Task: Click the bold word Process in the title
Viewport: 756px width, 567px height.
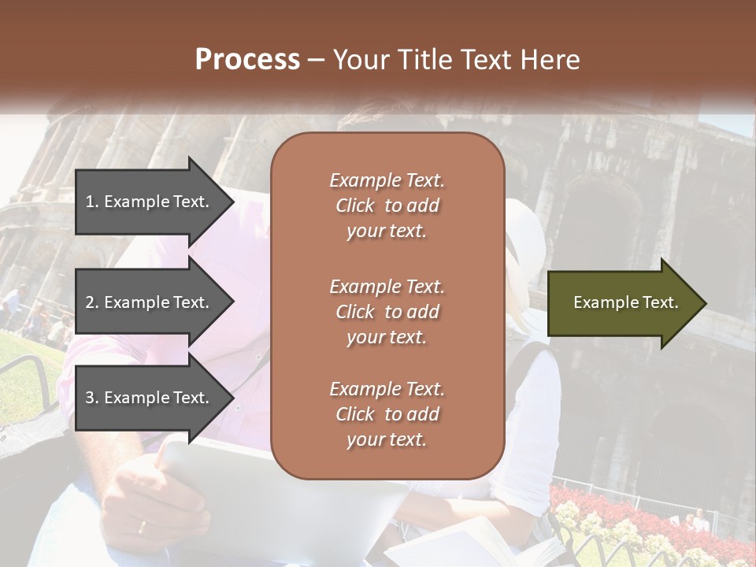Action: click(x=247, y=60)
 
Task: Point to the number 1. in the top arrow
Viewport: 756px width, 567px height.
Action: click(x=91, y=202)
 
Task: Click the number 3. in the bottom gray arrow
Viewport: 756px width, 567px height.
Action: click(x=91, y=398)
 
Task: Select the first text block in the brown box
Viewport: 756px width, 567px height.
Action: click(x=387, y=206)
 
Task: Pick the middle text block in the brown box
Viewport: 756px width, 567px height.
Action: click(x=387, y=312)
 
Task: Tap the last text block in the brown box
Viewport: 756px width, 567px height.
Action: click(x=387, y=414)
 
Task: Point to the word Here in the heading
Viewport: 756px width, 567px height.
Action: click(x=552, y=60)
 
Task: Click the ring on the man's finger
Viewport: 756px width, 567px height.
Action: click(x=142, y=526)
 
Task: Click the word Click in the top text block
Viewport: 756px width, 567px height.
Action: click(x=355, y=206)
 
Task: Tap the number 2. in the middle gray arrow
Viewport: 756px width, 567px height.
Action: click(x=91, y=302)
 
